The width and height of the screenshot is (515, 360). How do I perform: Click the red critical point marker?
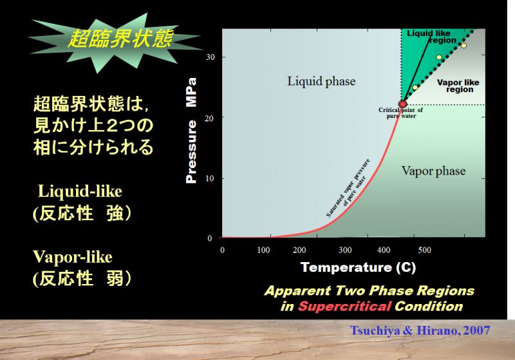[403, 104]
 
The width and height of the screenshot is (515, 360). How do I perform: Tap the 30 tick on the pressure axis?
[211, 57]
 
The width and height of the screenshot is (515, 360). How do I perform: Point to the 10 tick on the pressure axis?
[210, 178]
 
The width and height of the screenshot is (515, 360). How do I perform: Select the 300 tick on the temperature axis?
[345, 250]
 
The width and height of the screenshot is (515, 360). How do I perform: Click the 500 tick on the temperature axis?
[424, 250]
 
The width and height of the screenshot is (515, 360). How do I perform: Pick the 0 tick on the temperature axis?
[222, 250]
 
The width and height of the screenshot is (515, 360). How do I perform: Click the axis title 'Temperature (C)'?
[358, 267]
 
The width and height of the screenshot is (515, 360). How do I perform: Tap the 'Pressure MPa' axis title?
[191, 130]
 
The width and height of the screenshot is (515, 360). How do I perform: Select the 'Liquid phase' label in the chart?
[321, 81]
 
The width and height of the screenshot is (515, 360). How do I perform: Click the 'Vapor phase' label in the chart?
[433, 171]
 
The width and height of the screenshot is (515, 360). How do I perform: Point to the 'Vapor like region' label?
[458, 86]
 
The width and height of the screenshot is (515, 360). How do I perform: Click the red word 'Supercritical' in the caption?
[344, 306]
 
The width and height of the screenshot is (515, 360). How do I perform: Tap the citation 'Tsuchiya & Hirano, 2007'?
[420, 330]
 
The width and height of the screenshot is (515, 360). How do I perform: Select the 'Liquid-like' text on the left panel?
[80, 191]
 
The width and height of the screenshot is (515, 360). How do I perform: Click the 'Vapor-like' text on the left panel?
[73, 257]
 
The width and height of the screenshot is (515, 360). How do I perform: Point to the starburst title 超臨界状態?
[120, 39]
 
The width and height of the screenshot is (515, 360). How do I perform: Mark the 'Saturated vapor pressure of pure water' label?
[348, 188]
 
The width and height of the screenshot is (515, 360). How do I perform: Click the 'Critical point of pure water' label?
[400, 113]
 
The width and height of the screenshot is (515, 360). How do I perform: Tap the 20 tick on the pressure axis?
[209, 118]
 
